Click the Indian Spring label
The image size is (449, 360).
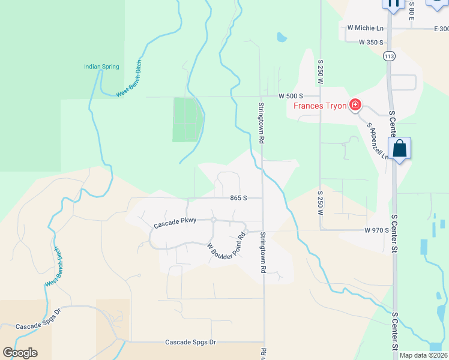point(101,67)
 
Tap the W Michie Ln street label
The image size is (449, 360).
point(365,28)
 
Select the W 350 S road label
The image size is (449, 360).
point(371,42)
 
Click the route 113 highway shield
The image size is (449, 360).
point(389,56)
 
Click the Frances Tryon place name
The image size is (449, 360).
point(319,106)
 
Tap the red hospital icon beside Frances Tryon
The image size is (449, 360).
point(355,106)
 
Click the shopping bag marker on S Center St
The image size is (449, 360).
point(399,149)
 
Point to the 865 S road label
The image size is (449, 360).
point(238,197)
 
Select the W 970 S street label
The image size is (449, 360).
point(376,230)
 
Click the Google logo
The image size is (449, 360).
point(20,353)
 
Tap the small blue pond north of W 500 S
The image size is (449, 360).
point(281,37)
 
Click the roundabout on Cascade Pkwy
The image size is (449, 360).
point(213,220)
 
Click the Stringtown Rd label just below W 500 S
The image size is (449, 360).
point(262,122)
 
